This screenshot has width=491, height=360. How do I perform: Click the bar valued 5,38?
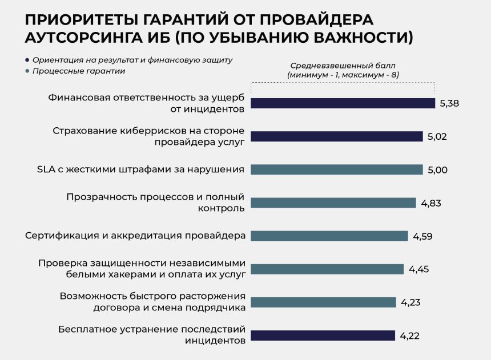343,103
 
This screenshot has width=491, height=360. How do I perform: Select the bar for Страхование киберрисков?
337,136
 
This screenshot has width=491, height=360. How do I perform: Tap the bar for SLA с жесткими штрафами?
337,169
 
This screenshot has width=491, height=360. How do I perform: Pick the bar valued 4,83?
333,203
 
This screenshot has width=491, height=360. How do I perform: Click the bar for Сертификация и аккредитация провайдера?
329,236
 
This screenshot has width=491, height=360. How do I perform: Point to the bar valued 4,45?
327,269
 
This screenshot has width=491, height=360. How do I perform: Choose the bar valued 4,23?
323,302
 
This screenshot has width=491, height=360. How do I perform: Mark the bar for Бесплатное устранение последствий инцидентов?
323,335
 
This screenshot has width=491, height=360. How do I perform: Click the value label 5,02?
437,137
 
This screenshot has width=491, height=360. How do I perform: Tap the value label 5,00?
437,170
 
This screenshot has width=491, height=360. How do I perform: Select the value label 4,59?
422,236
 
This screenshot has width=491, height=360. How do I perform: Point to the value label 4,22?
409,335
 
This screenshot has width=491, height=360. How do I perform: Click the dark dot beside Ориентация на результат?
27,60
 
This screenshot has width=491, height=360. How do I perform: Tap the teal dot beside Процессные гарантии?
27,71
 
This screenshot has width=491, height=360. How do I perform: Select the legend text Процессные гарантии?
79,71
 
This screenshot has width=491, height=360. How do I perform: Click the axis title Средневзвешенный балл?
343,66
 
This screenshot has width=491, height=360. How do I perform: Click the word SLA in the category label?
47,169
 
